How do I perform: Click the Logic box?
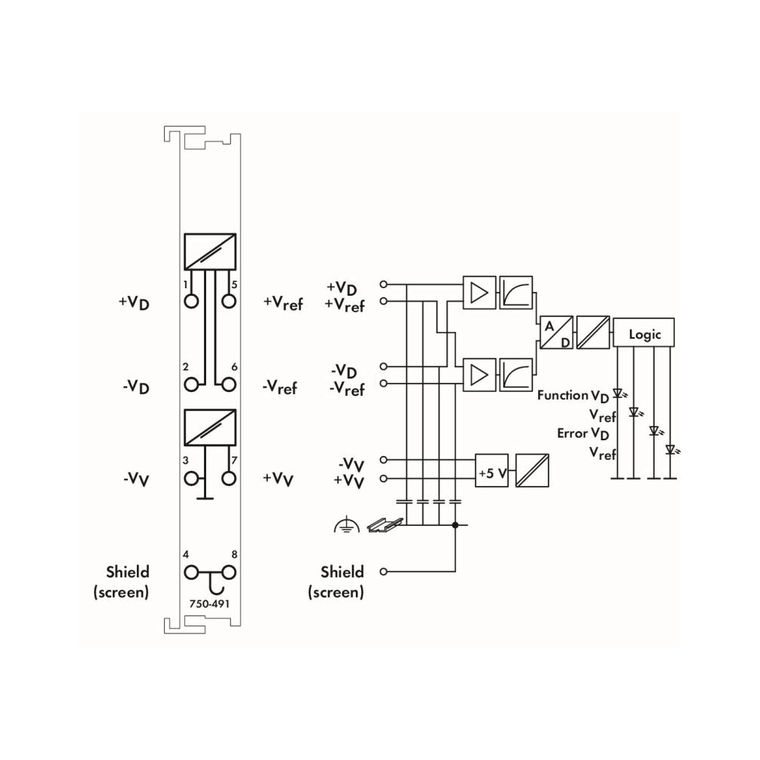(643, 333)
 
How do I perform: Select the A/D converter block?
(556, 333)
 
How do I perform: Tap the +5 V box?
(491, 470)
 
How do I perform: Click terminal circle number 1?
(191, 302)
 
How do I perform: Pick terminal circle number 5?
(229, 302)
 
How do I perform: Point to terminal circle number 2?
(191, 385)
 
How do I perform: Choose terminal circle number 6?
(229, 385)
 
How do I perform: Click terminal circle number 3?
(191, 479)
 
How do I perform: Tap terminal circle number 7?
(229, 479)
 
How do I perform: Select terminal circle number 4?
(191, 573)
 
